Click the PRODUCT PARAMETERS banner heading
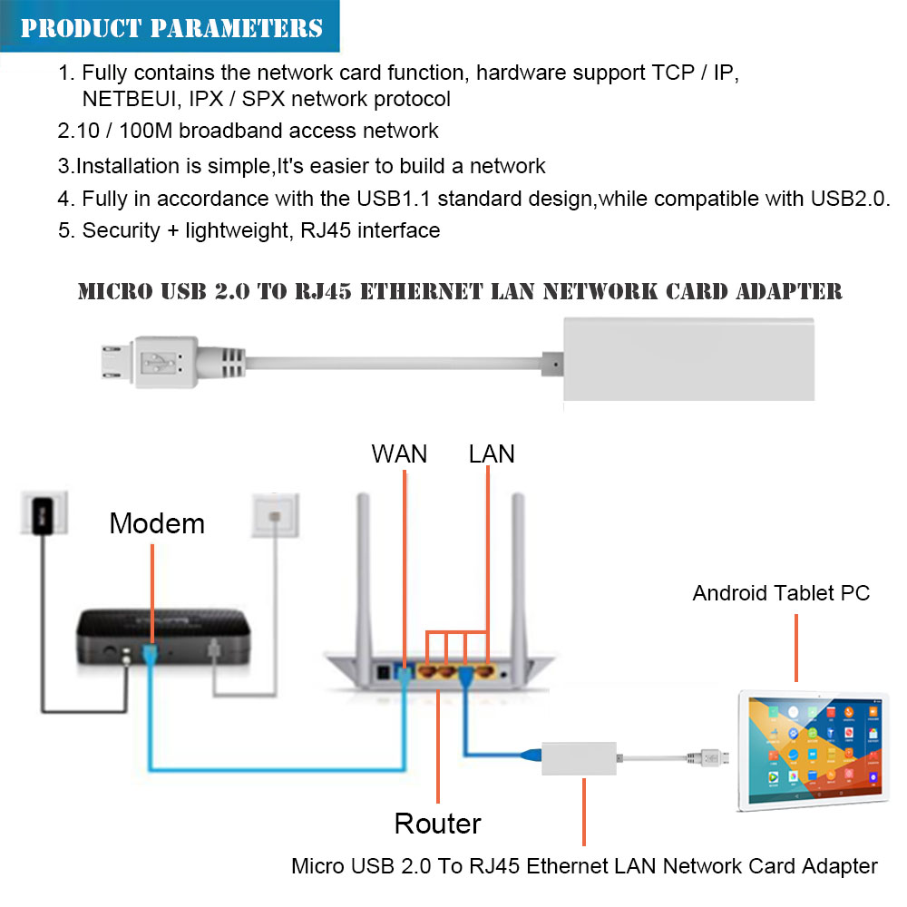(171, 27)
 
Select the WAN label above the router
(399, 453)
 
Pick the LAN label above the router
(492, 453)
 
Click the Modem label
(157, 523)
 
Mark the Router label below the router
(437, 824)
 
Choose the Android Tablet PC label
(781, 593)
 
